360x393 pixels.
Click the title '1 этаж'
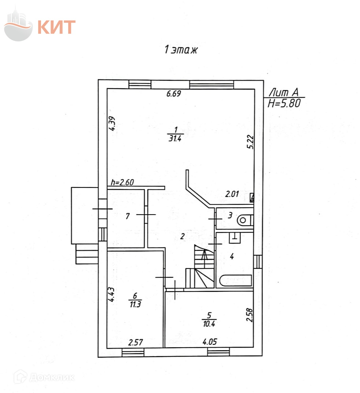click(180, 51)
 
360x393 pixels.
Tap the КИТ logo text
click(56, 27)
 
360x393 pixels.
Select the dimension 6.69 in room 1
click(174, 94)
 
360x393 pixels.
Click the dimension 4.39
click(113, 123)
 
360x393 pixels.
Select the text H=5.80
click(284, 104)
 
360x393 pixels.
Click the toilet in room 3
click(244, 220)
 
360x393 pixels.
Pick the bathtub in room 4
click(235, 281)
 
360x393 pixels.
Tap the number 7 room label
click(127, 216)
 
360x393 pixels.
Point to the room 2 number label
click(182, 236)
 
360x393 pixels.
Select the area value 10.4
click(209, 323)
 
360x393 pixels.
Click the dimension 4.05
click(210, 342)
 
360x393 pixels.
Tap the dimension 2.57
click(135, 342)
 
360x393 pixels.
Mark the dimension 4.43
click(112, 294)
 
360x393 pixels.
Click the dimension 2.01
click(232, 194)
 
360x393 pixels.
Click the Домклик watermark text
click(51, 377)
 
